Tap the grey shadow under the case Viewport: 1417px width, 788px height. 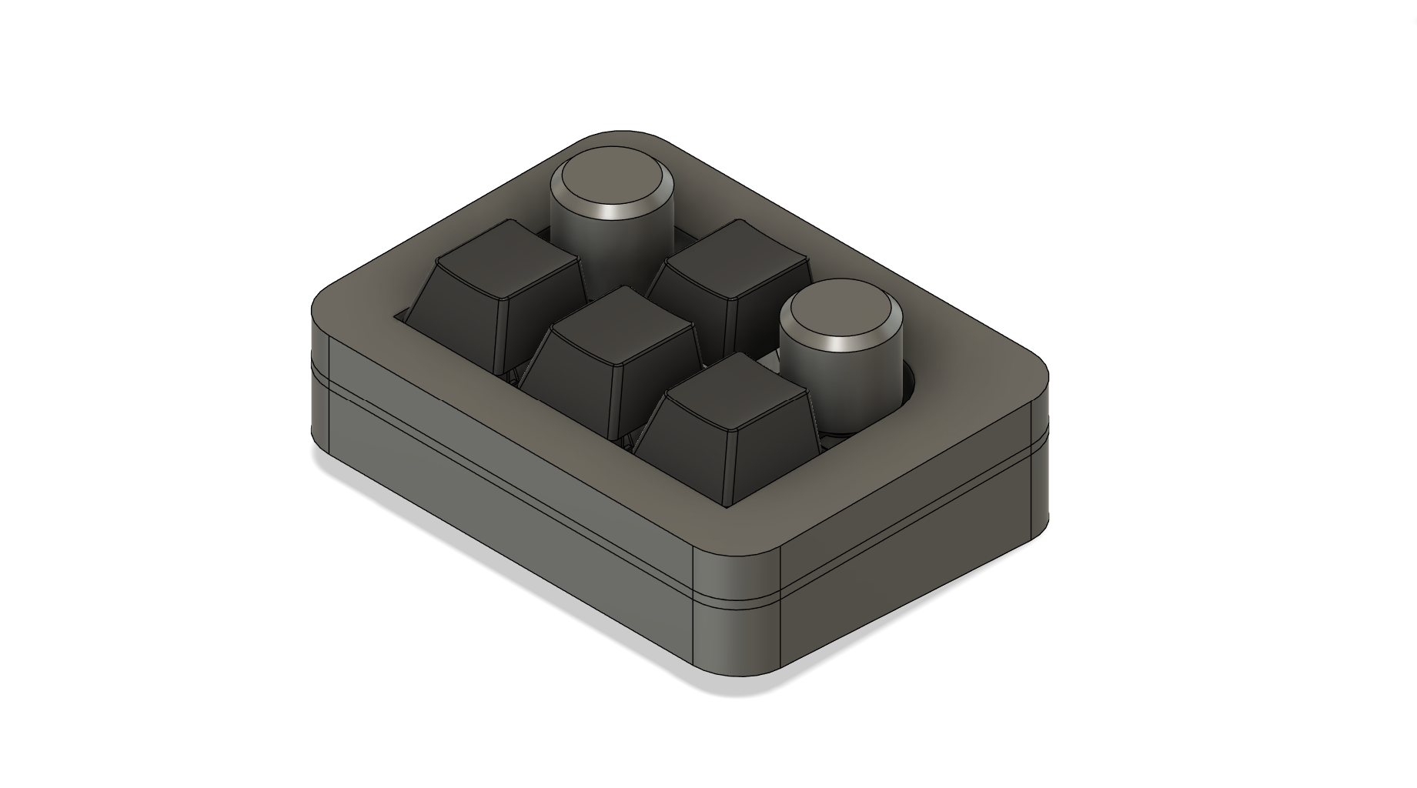pyautogui.click(x=462, y=539)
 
